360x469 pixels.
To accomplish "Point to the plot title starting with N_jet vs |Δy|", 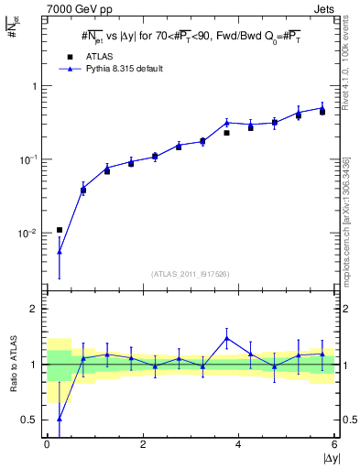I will [191, 37].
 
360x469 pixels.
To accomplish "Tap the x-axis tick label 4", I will [238, 443].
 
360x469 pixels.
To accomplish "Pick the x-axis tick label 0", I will [47, 443].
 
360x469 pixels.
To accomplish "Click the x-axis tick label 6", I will [333, 443].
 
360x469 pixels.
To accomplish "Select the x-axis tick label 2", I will [142, 443].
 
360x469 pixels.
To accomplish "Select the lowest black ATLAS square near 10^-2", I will [60, 230].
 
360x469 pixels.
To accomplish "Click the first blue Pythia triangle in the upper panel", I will [60, 251].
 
